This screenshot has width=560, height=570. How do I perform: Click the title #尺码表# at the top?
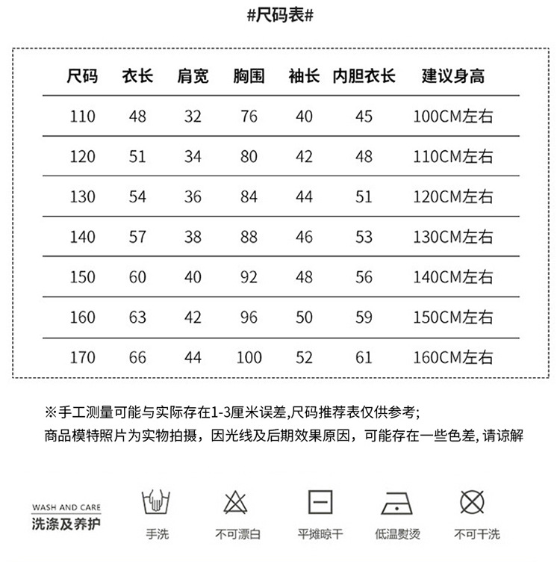(279, 17)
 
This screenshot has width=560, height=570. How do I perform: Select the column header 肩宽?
(193, 76)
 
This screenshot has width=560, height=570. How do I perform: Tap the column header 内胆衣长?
(364, 76)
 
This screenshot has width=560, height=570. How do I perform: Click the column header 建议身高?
(453, 76)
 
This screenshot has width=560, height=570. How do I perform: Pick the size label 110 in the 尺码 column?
(82, 117)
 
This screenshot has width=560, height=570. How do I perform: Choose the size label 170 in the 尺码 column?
(82, 358)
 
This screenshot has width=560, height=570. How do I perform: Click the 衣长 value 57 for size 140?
(137, 237)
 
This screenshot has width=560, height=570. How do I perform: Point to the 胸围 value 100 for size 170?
(249, 358)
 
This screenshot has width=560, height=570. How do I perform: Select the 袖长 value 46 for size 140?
(304, 237)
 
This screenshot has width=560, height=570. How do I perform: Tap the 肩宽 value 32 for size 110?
(193, 117)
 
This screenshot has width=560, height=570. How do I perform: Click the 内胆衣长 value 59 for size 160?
(364, 317)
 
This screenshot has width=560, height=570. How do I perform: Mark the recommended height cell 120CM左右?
(453, 197)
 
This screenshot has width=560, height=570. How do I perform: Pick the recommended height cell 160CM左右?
(453, 358)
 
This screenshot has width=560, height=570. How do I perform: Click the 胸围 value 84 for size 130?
(249, 197)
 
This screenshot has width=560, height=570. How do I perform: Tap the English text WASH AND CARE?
(66, 507)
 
